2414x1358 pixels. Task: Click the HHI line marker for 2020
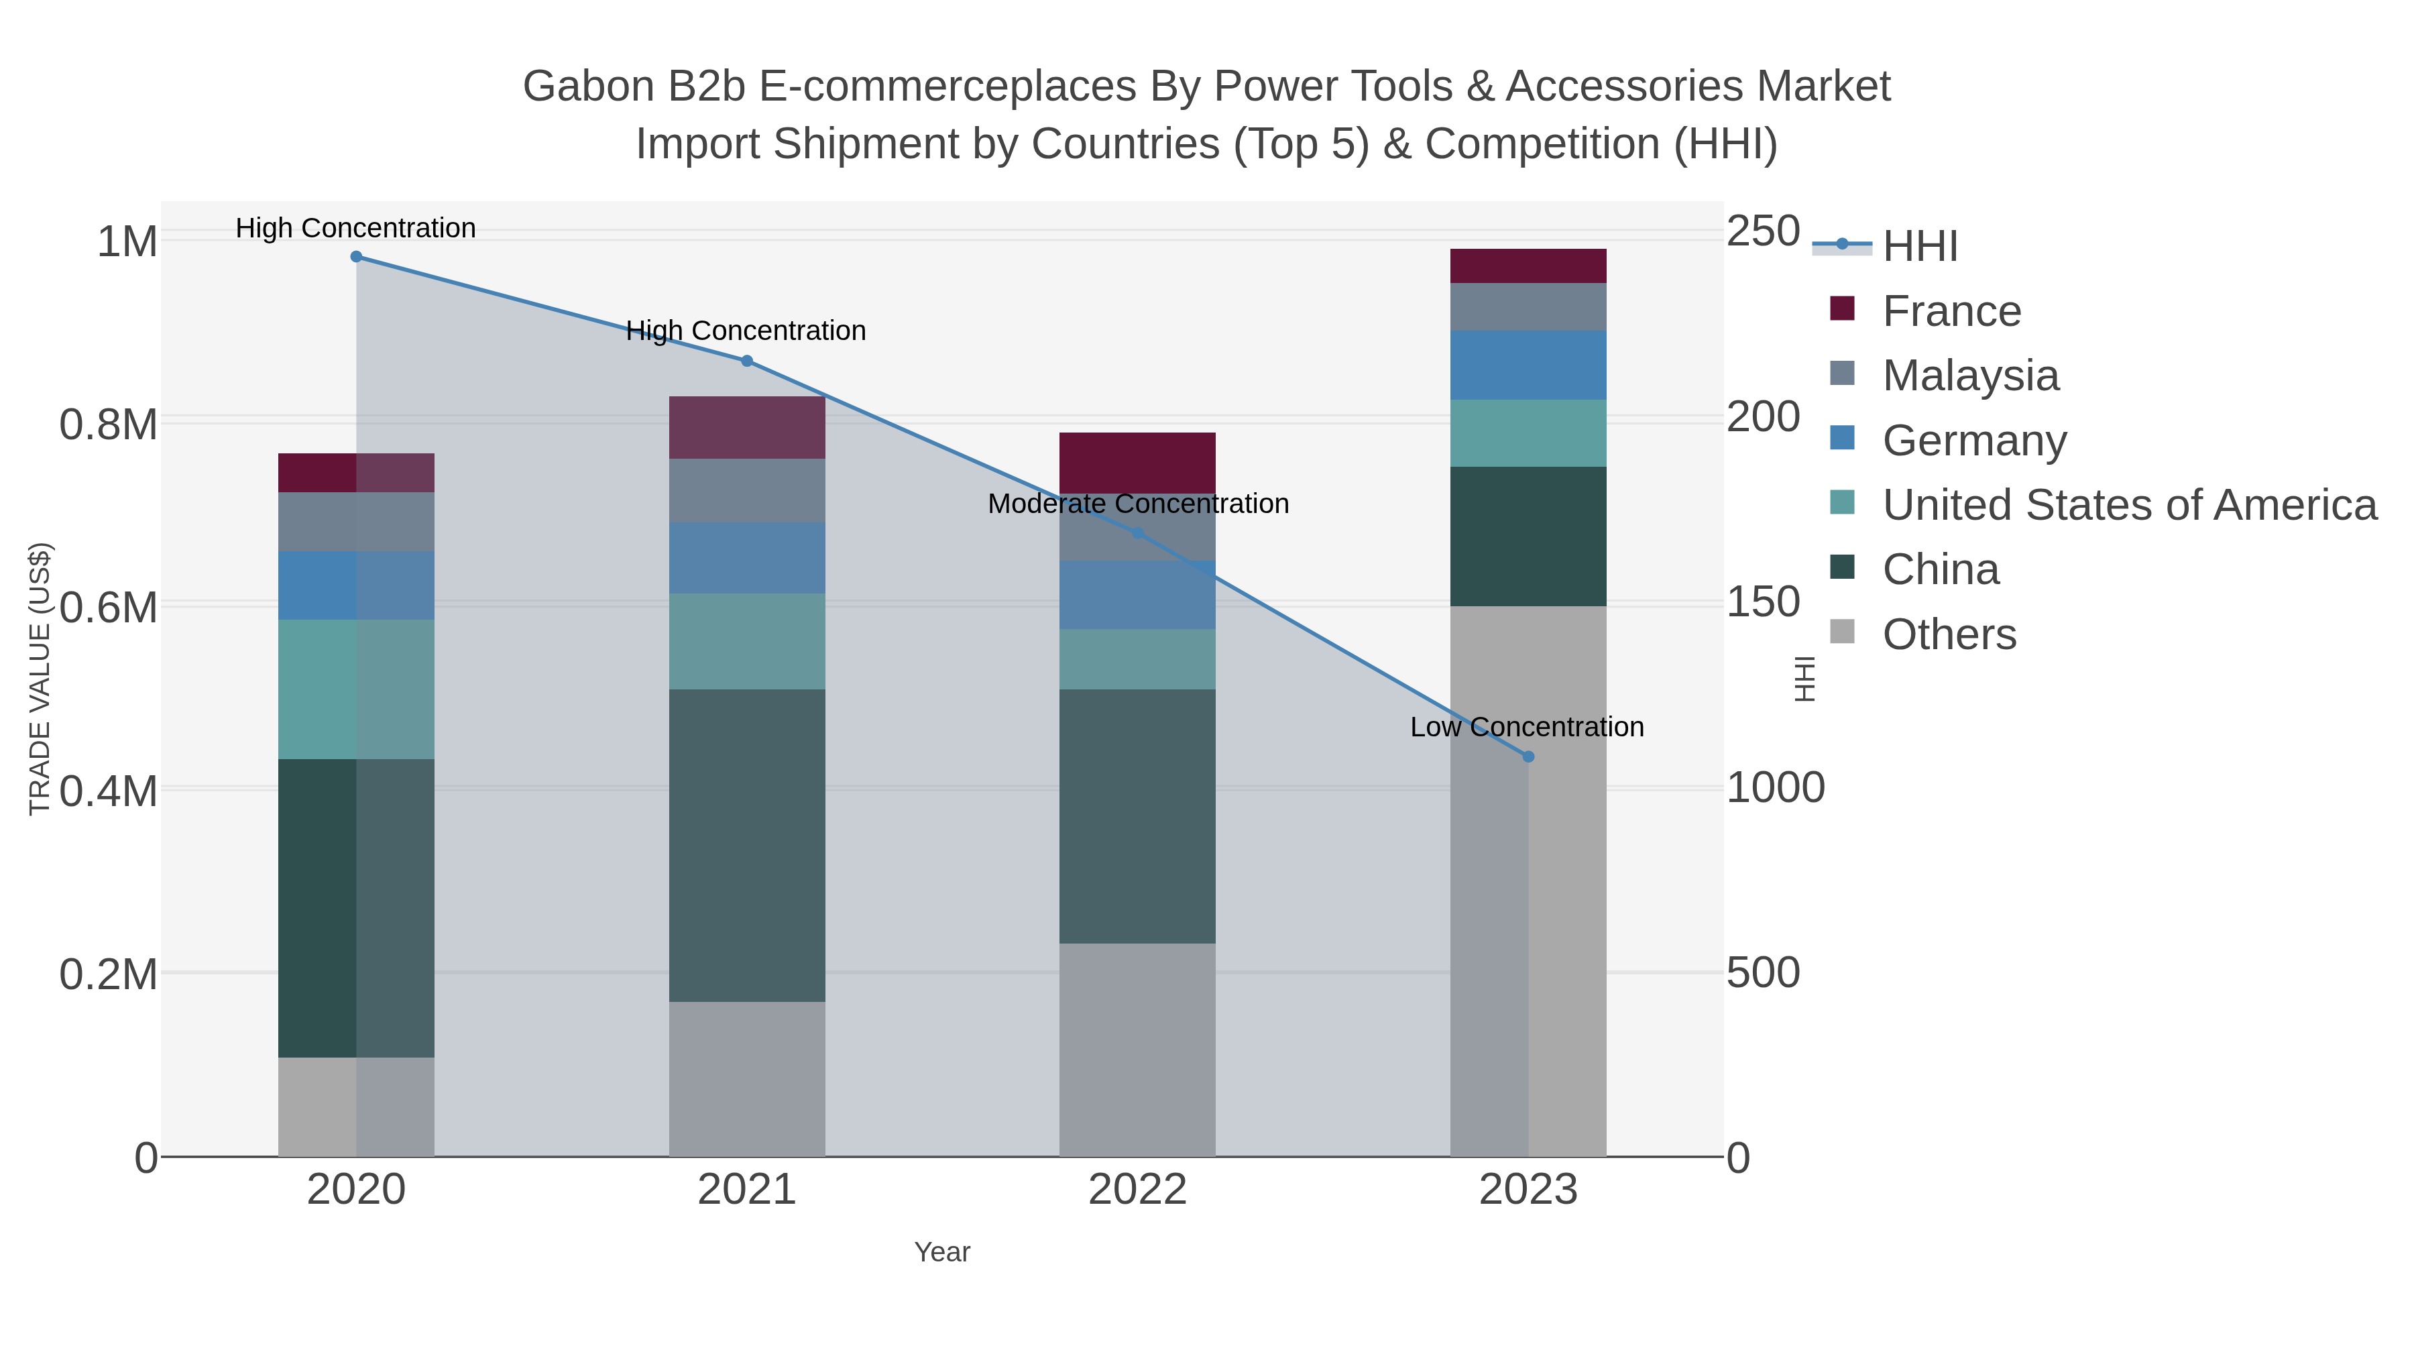click(x=356, y=257)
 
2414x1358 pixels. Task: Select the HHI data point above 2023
click(x=1528, y=756)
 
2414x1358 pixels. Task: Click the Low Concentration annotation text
click(x=1527, y=727)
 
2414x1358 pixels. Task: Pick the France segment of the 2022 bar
click(x=1138, y=463)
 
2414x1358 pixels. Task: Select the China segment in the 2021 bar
click(x=747, y=846)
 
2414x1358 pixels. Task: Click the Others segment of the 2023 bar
click(x=1528, y=881)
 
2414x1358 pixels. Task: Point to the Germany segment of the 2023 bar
click(x=1528, y=365)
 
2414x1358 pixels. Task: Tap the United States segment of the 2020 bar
click(x=356, y=689)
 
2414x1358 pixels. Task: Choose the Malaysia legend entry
click(x=1970, y=376)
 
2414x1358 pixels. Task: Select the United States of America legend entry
click(x=2129, y=505)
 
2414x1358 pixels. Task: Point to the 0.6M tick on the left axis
click(x=108, y=608)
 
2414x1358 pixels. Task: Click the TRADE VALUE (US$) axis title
click(x=40, y=679)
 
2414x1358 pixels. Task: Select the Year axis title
click(x=942, y=1252)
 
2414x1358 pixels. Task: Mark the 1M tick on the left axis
click(x=127, y=242)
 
